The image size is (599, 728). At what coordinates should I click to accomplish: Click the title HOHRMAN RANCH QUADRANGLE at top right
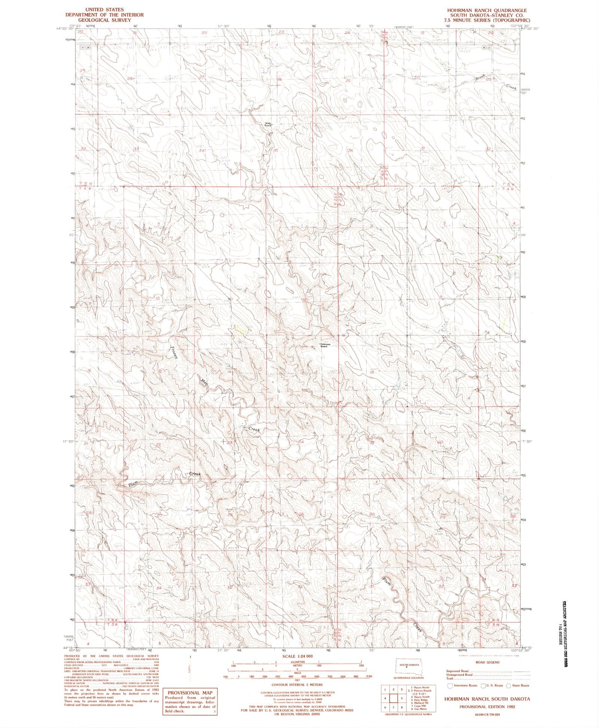coord(487,10)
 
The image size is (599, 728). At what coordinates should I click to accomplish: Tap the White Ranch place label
coord(269,124)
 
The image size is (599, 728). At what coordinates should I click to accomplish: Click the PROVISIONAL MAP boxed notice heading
coord(190,692)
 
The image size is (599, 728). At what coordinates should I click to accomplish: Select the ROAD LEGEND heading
coord(487,662)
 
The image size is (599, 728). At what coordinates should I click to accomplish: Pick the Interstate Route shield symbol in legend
coord(450,686)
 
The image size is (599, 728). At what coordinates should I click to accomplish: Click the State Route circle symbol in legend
coord(508,686)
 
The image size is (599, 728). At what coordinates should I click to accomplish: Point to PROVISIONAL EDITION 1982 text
coord(487,707)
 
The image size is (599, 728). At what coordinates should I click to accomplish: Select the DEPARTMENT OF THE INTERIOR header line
coord(104,15)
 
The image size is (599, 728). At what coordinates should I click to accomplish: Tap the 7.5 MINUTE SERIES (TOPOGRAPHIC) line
coord(487,20)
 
